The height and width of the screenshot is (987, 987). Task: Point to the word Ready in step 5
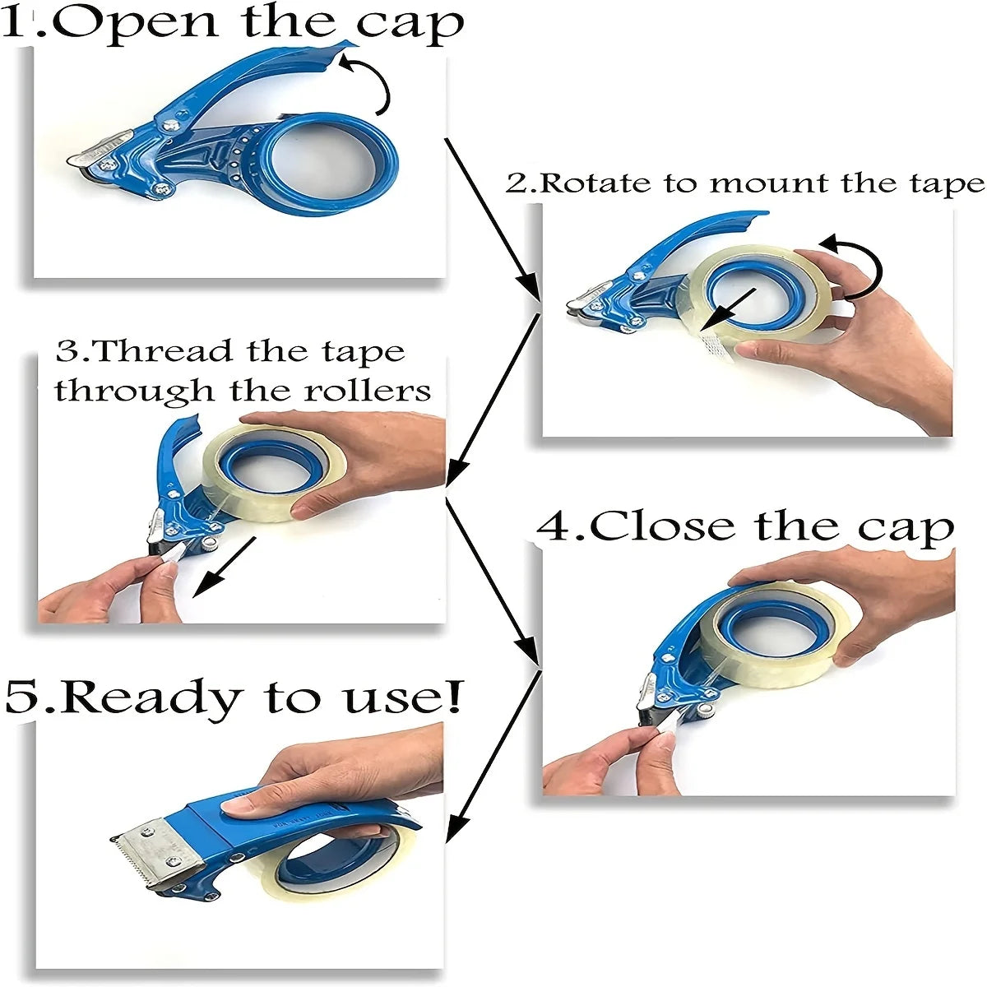152,697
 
